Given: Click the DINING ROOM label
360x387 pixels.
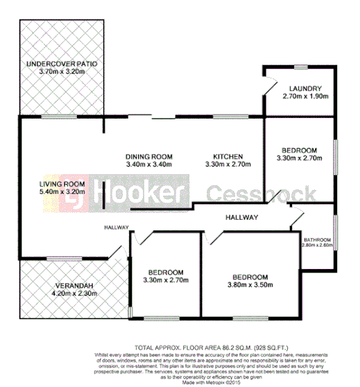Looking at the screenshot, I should click(148, 156).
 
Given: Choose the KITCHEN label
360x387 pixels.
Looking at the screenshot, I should click(227, 156).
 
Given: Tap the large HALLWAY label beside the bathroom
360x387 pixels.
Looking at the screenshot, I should click(241, 218).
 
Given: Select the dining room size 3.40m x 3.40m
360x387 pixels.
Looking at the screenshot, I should click(148, 164).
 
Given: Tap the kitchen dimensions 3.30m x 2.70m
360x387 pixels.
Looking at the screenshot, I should click(227, 164).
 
